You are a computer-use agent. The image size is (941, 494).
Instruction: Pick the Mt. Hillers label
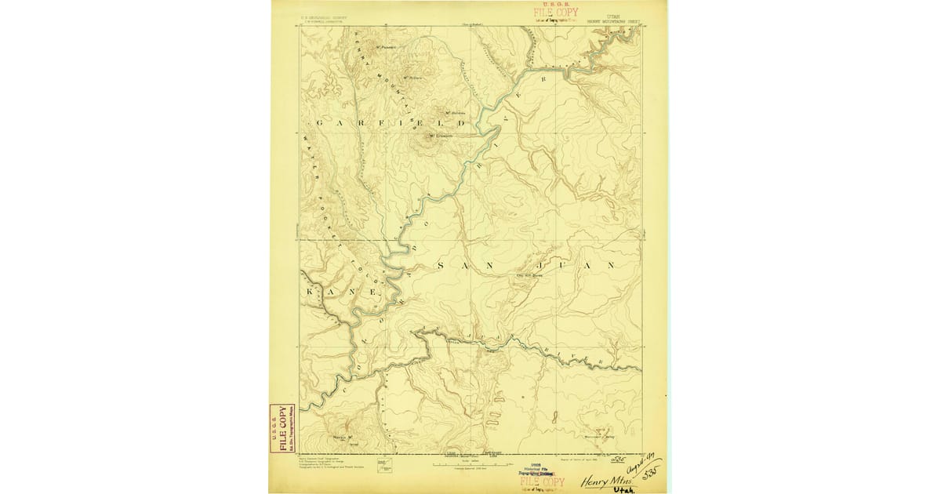[413, 77]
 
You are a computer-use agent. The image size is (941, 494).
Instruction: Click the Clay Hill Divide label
[529, 275]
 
